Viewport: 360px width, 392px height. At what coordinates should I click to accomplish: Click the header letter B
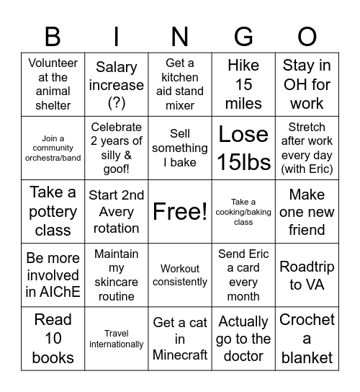pyautogui.click(x=53, y=35)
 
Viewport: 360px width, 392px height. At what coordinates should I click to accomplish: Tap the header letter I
pyautogui.click(x=117, y=35)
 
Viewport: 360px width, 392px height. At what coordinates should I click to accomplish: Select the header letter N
pyautogui.click(x=180, y=35)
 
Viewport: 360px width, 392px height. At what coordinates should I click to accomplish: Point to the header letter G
pyautogui.click(x=243, y=35)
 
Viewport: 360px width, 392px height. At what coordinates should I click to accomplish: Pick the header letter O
pyautogui.click(x=307, y=35)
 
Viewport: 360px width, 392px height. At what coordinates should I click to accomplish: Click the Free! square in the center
pyautogui.click(x=180, y=211)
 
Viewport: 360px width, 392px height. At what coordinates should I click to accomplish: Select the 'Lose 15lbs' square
pyautogui.click(x=243, y=148)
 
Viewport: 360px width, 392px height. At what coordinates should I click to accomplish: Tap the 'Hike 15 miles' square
pyautogui.click(x=243, y=84)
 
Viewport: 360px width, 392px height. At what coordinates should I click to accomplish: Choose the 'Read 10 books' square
pyautogui.click(x=53, y=338)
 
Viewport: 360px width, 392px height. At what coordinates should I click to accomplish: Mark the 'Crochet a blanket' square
pyautogui.click(x=307, y=338)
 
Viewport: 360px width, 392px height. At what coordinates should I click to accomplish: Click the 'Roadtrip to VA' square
pyautogui.click(x=307, y=275)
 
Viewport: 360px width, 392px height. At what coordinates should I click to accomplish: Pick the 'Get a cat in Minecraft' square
pyautogui.click(x=180, y=338)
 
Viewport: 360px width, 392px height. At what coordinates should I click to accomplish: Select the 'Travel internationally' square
pyautogui.click(x=117, y=339)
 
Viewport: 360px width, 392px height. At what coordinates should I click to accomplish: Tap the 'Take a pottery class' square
pyautogui.click(x=53, y=211)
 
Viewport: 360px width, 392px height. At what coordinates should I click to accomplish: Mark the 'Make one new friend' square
pyautogui.click(x=307, y=211)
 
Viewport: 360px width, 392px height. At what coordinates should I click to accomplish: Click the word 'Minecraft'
pyautogui.click(x=180, y=355)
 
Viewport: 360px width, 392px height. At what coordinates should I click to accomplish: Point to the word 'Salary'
pyautogui.click(x=117, y=67)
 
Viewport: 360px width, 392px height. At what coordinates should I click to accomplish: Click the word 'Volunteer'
pyautogui.click(x=53, y=63)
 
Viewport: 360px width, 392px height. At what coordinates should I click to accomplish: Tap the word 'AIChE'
pyautogui.click(x=63, y=292)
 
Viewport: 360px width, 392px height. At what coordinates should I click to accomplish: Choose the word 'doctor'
pyautogui.click(x=243, y=357)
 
